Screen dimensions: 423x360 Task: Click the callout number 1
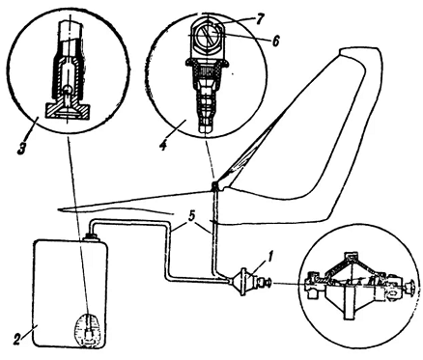(270, 258)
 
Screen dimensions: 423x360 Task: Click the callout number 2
(18, 339)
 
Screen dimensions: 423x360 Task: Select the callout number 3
(21, 150)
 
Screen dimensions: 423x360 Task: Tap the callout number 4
(163, 145)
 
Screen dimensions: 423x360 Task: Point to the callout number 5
(191, 217)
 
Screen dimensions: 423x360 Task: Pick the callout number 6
(276, 41)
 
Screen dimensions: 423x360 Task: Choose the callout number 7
(260, 19)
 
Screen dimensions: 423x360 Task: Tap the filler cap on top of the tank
(90, 237)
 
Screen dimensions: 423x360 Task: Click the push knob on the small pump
(266, 283)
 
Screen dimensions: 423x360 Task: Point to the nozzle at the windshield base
(214, 185)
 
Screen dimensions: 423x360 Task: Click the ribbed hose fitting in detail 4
(206, 104)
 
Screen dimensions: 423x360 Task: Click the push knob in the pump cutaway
(409, 287)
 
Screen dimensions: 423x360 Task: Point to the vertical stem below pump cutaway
(348, 302)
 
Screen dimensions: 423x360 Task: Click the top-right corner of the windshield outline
(380, 48)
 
